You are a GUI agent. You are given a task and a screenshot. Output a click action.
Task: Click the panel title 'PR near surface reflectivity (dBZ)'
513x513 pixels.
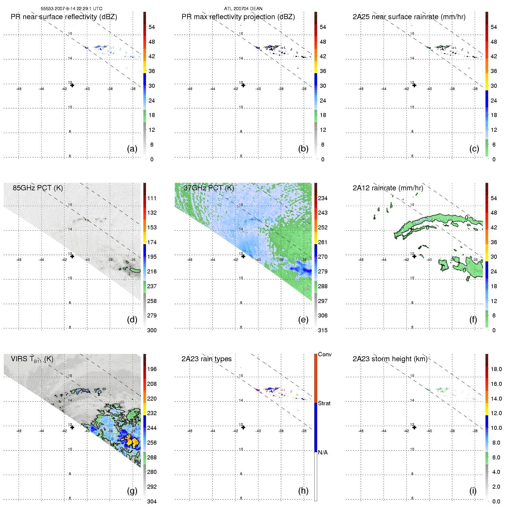(x=64, y=17)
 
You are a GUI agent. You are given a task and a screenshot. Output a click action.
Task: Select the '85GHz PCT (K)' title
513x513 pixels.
(x=38, y=188)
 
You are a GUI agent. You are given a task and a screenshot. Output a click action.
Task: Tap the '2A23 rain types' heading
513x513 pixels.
(x=207, y=359)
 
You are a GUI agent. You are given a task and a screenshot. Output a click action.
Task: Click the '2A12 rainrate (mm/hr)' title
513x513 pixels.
(x=388, y=188)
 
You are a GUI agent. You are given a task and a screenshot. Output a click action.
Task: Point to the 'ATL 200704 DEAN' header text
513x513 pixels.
(x=243, y=9)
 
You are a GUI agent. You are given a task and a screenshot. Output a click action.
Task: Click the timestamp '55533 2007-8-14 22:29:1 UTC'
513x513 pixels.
(x=72, y=9)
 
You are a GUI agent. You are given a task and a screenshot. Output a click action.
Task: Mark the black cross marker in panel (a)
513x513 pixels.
(x=72, y=85)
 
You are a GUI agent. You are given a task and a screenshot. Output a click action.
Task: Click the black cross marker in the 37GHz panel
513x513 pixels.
(x=243, y=256)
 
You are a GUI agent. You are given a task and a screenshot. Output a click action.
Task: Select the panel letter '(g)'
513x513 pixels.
(x=132, y=491)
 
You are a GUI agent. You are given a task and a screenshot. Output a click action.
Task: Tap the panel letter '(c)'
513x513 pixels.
(x=474, y=149)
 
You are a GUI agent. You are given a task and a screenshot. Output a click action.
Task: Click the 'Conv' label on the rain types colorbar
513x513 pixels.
(x=325, y=354)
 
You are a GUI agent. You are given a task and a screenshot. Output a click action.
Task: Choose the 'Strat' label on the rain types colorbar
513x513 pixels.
(x=324, y=403)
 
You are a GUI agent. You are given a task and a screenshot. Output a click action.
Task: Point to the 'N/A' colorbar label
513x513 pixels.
(x=323, y=452)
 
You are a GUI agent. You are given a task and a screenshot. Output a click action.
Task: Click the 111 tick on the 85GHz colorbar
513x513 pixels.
(x=152, y=198)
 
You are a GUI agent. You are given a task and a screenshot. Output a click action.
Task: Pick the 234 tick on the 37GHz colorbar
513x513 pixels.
(x=323, y=198)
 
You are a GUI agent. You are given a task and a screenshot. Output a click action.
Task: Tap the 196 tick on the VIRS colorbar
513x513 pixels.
(x=152, y=369)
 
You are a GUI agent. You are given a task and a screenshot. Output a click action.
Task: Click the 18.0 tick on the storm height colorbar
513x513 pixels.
(x=496, y=369)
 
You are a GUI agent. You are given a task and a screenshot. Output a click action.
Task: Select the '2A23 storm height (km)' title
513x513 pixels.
(x=390, y=359)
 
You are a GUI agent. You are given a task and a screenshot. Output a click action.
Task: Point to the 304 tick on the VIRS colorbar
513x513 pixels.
(x=152, y=501)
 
